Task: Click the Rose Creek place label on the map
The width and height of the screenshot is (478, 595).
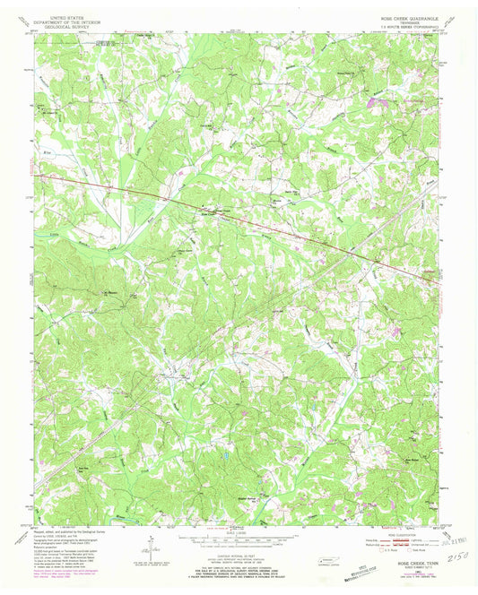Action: (x=207, y=214)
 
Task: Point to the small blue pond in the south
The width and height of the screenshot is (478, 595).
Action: (x=226, y=455)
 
